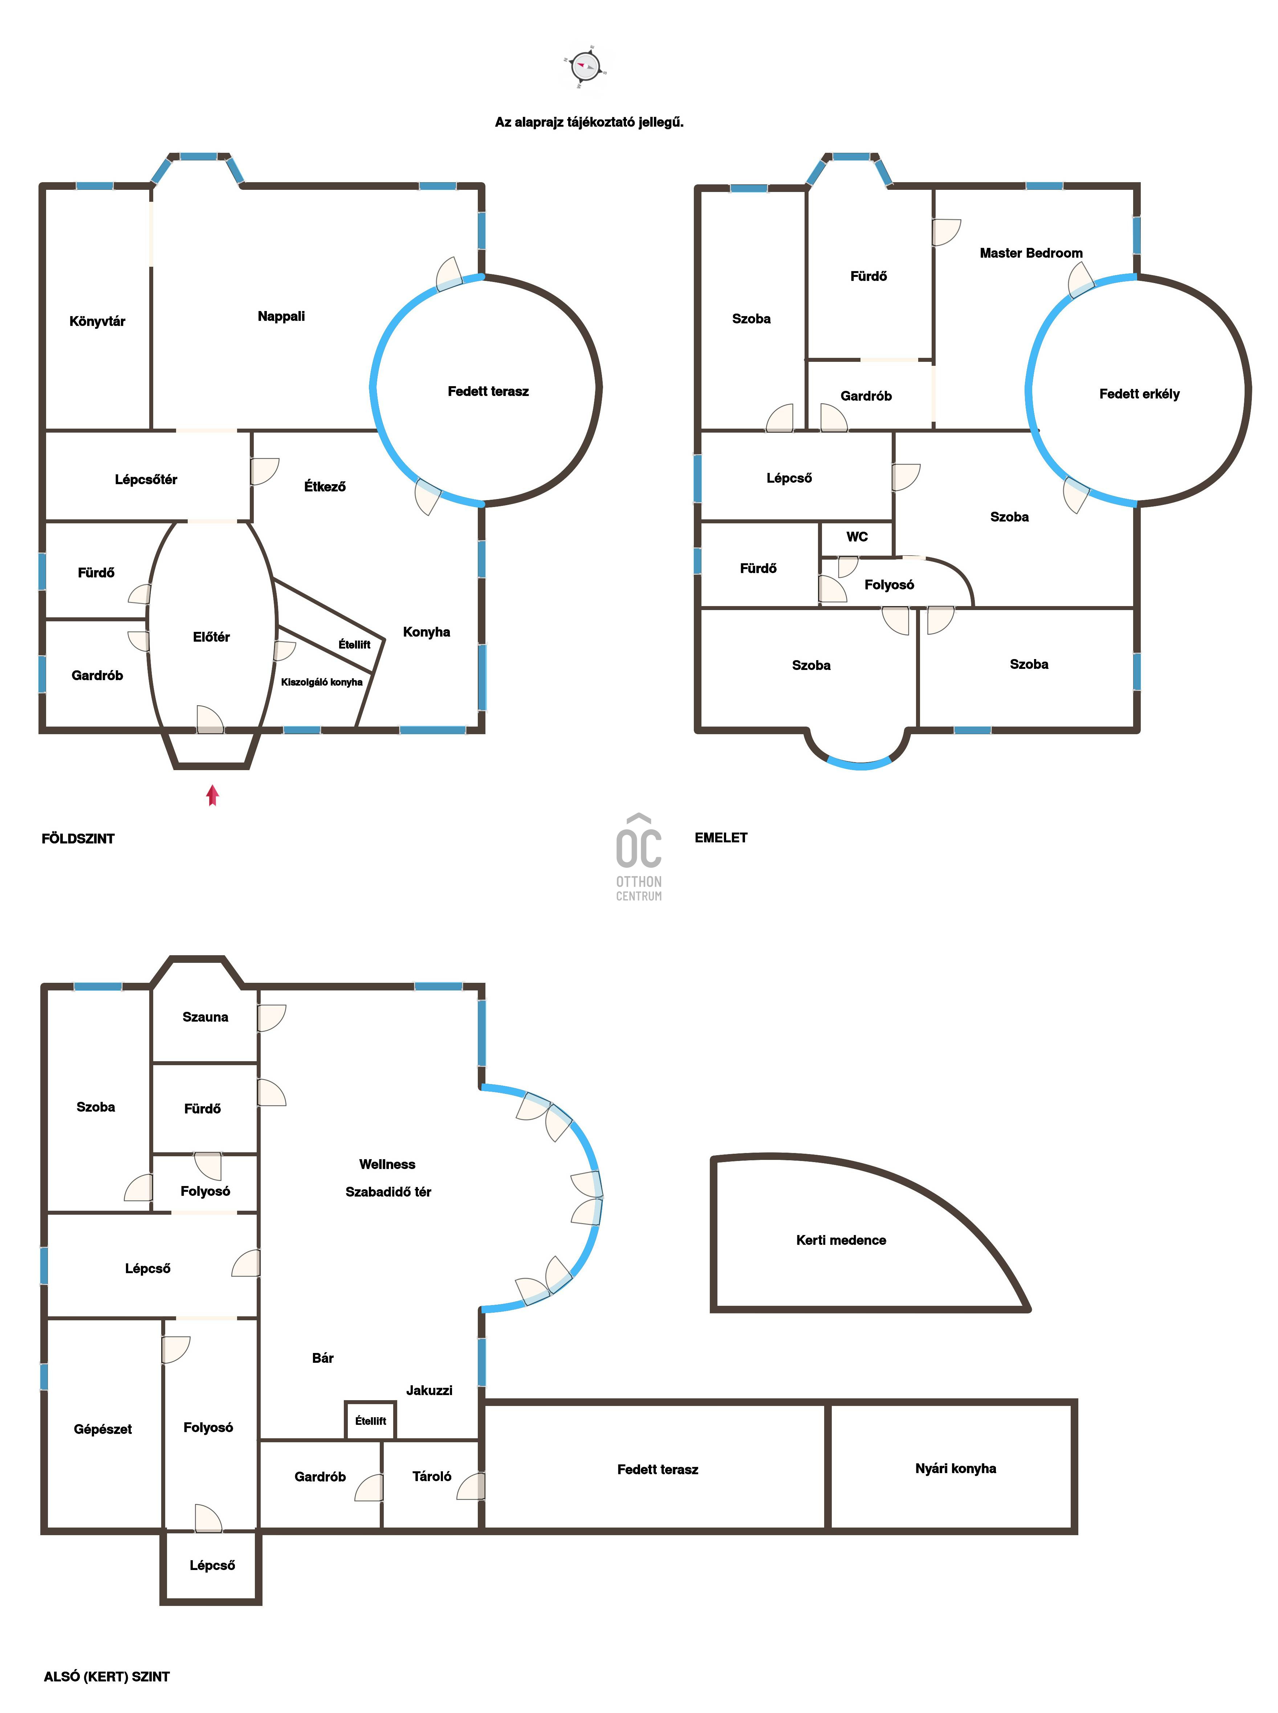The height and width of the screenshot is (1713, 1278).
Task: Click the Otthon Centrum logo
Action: point(639,857)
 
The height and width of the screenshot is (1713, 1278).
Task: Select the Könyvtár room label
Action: point(97,321)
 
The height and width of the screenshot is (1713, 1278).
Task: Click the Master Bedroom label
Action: point(1031,253)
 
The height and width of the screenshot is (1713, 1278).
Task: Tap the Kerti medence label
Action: point(841,1240)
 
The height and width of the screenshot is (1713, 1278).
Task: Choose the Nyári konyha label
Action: point(955,1468)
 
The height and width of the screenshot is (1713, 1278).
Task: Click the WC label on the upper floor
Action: point(857,537)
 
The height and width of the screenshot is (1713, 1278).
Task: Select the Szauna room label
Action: point(205,1017)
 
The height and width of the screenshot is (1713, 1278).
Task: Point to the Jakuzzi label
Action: point(430,1390)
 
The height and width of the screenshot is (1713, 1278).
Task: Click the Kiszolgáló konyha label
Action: point(322,682)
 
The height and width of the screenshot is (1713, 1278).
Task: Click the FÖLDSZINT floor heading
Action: point(78,838)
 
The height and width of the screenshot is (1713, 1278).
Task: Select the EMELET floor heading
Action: point(721,838)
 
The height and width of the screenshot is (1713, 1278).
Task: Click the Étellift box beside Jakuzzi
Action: point(371,1421)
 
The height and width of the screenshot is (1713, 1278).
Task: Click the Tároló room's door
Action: point(471,1487)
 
